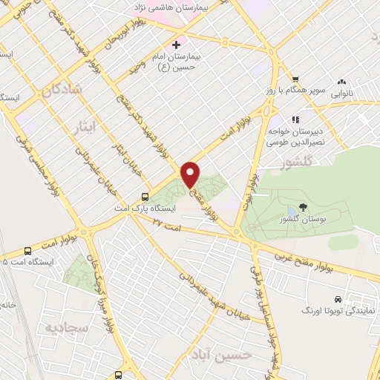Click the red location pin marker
pyautogui.click(x=191, y=174)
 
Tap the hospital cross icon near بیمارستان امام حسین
pyautogui.click(x=176, y=45)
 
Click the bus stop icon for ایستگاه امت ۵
pyautogui.click(x=27, y=251)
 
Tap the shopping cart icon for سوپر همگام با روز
pyautogui.click(x=295, y=79)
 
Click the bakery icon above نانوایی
pyautogui.click(x=341, y=82)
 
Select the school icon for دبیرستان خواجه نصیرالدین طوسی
pyautogui.click(x=295, y=119)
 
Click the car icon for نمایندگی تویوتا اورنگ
pyautogui.click(x=338, y=298)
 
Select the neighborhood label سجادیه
pyautogui.click(x=67, y=327)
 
